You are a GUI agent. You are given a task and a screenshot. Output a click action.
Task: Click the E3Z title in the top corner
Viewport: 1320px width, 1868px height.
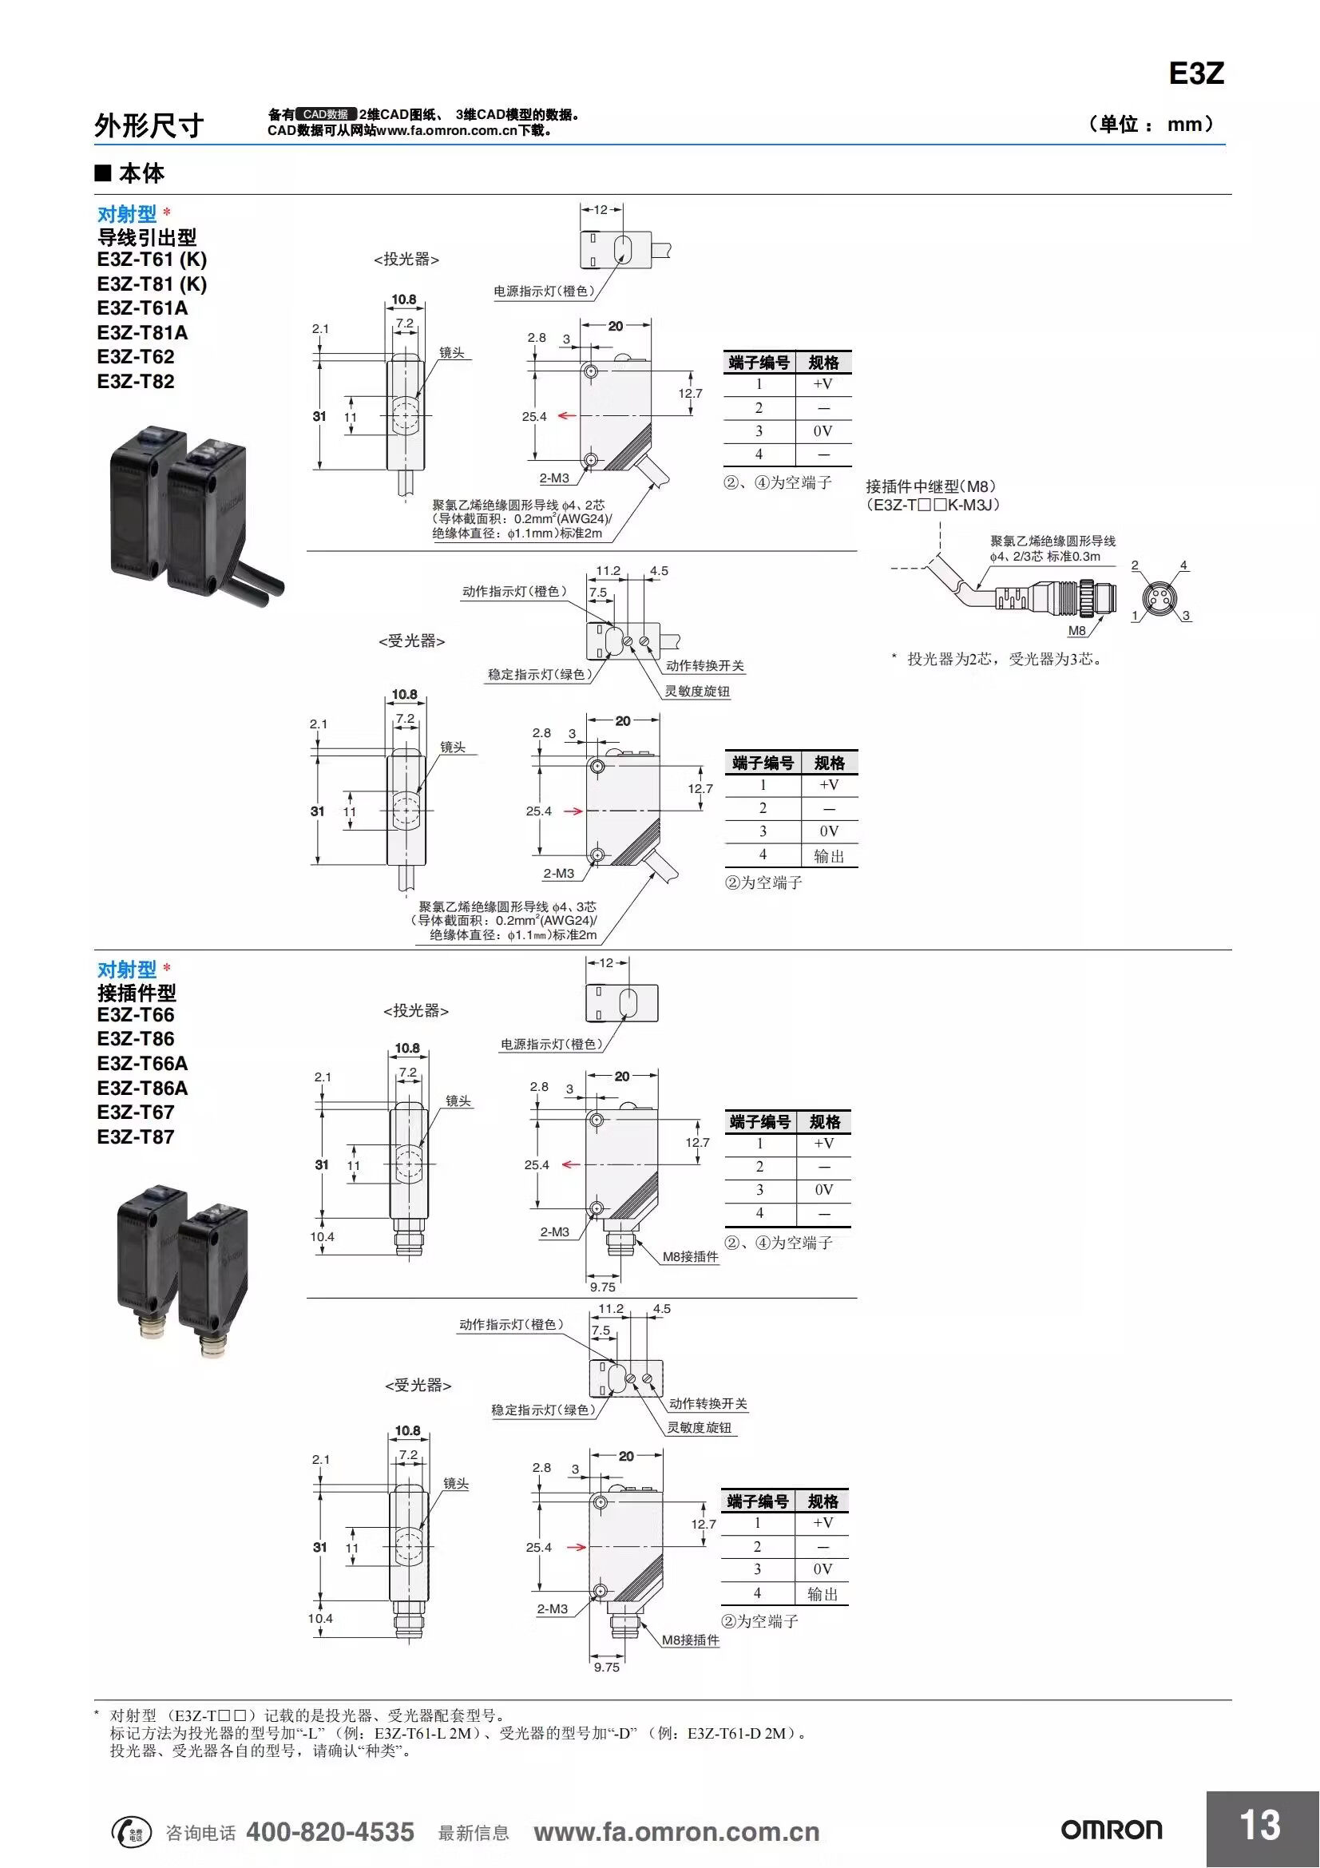[x=1195, y=74]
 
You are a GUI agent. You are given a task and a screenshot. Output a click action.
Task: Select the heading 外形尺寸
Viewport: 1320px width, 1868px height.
[x=149, y=125]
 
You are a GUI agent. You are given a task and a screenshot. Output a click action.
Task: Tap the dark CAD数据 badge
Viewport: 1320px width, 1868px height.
[x=325, y=115]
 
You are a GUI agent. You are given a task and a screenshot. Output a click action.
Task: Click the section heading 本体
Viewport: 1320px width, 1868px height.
[x=141, y=173]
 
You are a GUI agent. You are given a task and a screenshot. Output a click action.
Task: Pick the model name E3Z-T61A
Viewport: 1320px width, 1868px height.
[x=142, y=308]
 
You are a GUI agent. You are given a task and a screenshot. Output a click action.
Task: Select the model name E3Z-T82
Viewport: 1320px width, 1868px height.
[x=136, y=382]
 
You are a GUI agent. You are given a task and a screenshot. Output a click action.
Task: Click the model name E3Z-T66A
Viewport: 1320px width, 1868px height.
[x=142, y=1063]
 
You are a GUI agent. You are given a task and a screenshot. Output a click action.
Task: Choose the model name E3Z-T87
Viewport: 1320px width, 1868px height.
[x=136, y=1136]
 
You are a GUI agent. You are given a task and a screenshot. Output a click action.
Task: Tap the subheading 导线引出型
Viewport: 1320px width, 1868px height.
[x=147, y=237]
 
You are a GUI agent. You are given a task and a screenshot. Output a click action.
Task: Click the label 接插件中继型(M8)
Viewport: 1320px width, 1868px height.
[x=930, y=486]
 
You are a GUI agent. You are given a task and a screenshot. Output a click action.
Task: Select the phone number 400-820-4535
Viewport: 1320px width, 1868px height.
[x=331, y=1832]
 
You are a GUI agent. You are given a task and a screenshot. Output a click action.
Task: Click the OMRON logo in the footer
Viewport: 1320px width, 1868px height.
[x=1111, y=1830]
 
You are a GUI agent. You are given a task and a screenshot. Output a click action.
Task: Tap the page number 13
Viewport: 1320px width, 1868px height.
[x=1260, y=1825]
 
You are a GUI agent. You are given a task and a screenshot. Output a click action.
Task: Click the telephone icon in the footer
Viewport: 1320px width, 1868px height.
[x=130, y=1831]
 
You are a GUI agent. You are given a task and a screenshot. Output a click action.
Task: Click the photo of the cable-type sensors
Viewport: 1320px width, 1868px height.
[x=195, y=517]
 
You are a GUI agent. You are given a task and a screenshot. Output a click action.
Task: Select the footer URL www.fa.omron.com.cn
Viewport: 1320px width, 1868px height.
[x=676, y=1832]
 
